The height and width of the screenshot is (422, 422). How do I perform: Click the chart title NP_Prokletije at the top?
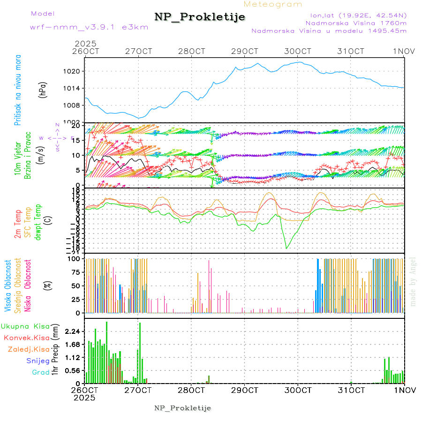click(x=200, y=17)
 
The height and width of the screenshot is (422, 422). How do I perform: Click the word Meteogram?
click(x=273, y=4)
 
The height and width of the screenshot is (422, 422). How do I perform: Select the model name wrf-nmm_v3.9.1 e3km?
click(x=89, y=27)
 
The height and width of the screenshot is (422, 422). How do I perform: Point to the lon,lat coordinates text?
click(x=355, y=15)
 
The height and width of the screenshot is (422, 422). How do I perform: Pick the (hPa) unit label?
click(x=42, y=90)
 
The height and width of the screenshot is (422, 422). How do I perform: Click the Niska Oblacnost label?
click(x=29, y=286)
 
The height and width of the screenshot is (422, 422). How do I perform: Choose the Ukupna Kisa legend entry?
click(x=25, y=326)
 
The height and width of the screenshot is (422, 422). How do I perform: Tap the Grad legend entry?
click(x=40, y=373)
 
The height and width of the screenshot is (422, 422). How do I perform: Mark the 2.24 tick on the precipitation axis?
click(x=72, y=332)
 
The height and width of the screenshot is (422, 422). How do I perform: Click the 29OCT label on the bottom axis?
click(x=244, y=390)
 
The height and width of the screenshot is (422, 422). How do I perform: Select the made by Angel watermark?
click(x=413, y=282)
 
